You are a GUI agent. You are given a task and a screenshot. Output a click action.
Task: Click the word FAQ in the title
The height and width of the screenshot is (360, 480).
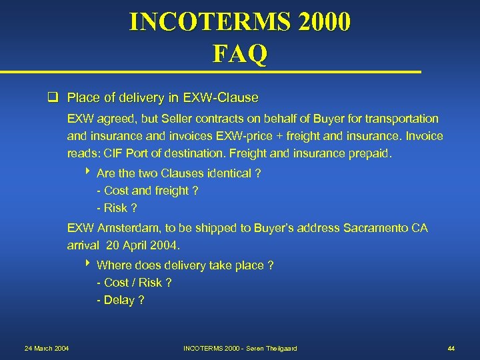[240, 53]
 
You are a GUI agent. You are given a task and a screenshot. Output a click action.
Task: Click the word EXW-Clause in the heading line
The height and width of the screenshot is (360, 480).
[223, 98]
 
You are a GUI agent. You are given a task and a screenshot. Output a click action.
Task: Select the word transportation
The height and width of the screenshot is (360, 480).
[401, 119]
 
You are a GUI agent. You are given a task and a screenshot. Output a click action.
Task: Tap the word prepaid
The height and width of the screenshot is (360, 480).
[371, 153]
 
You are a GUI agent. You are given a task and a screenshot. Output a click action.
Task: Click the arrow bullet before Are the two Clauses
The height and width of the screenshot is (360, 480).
[89, 173]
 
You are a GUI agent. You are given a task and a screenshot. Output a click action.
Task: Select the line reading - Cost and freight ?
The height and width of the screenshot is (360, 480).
[147, 191]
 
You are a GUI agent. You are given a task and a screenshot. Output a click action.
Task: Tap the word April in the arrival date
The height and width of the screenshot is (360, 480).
[136, 245]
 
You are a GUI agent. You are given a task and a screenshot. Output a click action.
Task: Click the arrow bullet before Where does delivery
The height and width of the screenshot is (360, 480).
[89, 265]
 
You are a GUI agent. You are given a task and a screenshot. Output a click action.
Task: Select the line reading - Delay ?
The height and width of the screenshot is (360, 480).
[121, 300]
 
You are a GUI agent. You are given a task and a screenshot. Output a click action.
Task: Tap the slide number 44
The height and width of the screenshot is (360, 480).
[451, 349]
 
